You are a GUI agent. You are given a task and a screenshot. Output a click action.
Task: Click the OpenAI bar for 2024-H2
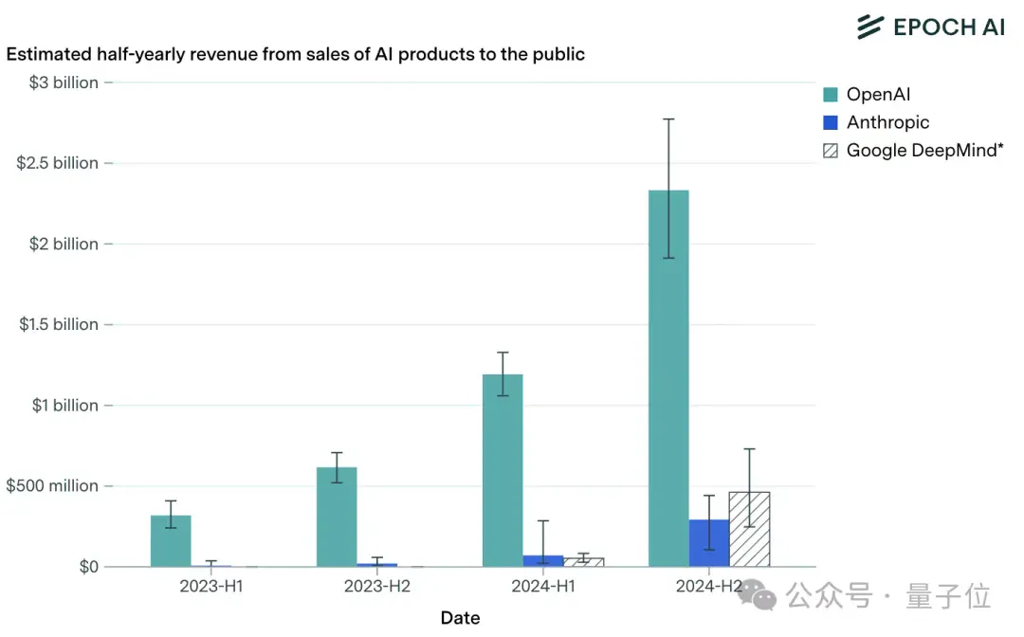point(668,378)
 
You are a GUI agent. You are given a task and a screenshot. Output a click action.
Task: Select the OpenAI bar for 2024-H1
point(503,470)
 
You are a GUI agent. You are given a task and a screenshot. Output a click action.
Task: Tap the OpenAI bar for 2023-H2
point(337,517)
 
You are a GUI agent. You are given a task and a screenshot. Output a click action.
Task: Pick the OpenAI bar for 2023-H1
point(171,541)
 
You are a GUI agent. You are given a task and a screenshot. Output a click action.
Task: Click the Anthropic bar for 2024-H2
point(709,543)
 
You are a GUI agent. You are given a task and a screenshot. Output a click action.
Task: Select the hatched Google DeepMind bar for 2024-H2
point(750,529)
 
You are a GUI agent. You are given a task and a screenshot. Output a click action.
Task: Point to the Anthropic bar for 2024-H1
point(543,561)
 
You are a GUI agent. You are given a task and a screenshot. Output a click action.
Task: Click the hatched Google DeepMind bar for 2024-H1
point(584,563)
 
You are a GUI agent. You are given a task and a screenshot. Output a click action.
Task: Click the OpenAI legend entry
point(867,95)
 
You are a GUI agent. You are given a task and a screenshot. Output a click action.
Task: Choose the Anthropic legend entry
point(876,122)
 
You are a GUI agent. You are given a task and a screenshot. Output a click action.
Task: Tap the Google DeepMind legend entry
point(913,151)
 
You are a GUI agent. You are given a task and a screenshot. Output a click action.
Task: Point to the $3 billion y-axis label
point(64,82)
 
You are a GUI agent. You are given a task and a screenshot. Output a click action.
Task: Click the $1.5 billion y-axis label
point(59,324)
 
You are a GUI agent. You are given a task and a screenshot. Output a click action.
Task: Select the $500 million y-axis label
point(52,486)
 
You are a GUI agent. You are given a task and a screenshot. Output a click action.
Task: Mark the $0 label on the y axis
point(89,567)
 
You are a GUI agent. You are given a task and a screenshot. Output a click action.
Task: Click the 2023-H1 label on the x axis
point(210,586)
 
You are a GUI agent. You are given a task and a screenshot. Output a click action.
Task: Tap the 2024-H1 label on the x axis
point(543,586)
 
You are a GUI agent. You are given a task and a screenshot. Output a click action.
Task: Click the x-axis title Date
point(461,617)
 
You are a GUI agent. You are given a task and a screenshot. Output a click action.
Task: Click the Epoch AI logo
point(931,27)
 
